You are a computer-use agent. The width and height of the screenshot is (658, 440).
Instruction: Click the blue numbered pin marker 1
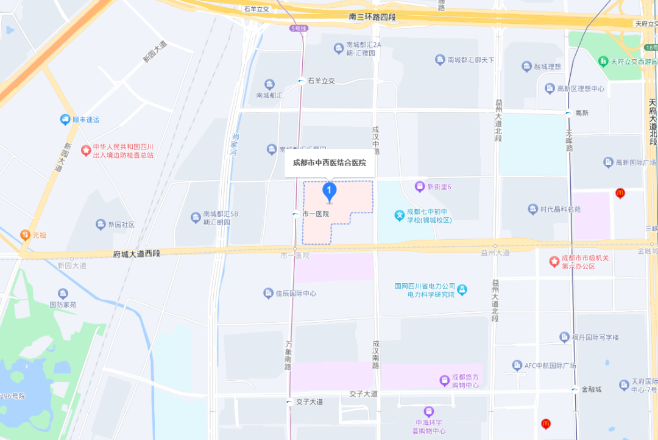click(x=329, y=192)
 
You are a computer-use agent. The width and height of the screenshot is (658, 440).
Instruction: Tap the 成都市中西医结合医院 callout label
click(x=329, y=163)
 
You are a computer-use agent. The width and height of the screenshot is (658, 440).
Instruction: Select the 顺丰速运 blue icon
click(x=65, y=120)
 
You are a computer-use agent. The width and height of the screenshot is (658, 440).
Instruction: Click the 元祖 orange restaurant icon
click(x=25, y=234)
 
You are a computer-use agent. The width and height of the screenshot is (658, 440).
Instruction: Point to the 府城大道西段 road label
click(x=136, y=253)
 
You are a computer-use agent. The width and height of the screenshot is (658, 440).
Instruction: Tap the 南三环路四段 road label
click(x=372, y=17)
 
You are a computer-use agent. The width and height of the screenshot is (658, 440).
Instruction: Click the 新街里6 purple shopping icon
click(x=419, y=186)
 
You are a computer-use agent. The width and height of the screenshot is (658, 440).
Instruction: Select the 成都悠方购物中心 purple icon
click(x=445, y=380)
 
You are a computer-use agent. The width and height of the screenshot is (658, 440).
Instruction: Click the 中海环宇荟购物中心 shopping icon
click(x=429, y=412)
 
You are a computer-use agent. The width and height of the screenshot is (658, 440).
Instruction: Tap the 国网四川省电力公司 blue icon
click(x=462, y=289)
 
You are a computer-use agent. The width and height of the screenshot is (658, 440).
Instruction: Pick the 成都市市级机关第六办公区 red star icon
click(x=554, y=262)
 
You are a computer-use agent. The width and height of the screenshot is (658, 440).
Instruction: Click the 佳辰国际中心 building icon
click(x=268, y=294)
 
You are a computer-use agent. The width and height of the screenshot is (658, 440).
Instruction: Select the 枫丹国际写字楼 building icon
click(x=564, y=337)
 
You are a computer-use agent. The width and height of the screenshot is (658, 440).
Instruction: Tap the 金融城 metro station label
click(x=591, y=389)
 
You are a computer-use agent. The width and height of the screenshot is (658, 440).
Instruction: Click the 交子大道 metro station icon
click(x=290, y=402)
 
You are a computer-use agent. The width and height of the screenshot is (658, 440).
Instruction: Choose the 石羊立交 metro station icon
click(x=301, y=81)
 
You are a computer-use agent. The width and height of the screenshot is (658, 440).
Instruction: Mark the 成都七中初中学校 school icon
click(x=399, y=215)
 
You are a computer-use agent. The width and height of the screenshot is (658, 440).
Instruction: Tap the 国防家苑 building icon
click(x=63, y=294)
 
